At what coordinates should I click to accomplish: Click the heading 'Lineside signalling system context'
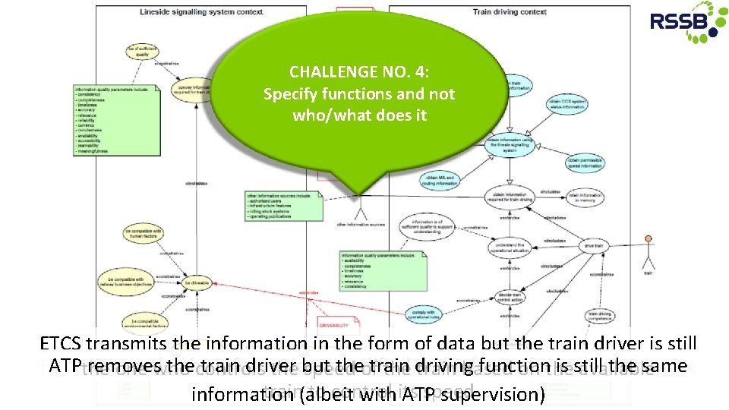(x=201, y=12)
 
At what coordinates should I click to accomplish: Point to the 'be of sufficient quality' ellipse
(x=142, y=51)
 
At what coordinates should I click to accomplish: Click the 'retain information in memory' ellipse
(x=585, y=197)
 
